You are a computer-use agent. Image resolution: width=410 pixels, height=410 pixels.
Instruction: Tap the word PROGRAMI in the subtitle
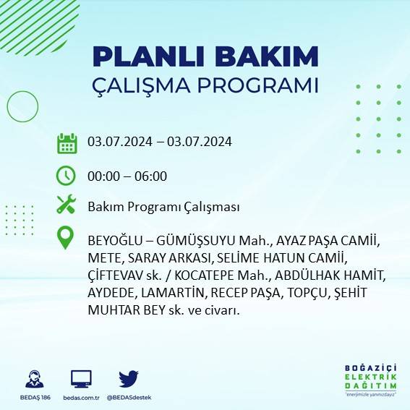click(x=259, y=85)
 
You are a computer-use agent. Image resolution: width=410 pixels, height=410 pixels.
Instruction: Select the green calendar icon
click(x=67, y=142)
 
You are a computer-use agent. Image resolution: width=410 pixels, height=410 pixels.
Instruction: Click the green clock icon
click(x=66, y=175)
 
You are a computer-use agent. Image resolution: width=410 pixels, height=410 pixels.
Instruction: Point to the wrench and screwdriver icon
click(x=66, y=205)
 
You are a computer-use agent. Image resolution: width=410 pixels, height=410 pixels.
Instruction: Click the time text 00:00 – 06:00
click(x=127, y=176)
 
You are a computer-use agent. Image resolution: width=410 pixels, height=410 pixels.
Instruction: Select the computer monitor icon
click(x=80, y=378)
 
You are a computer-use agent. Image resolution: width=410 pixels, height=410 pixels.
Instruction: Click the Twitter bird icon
click(x=128, y=378)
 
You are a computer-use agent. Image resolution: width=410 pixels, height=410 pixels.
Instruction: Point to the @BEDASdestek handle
click(x=129, y=398)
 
